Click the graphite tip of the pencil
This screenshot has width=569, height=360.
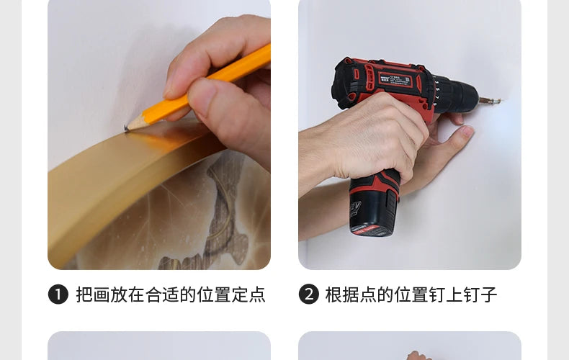point(126,127)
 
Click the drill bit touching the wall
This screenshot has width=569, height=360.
point(490,101)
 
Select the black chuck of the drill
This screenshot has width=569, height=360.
point(460,95)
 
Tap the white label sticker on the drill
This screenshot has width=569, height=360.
point(395,81)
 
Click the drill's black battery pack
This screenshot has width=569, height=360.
point(374,210)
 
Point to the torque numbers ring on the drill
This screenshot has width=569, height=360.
point(436,93)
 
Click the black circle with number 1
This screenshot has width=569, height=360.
point(58,294)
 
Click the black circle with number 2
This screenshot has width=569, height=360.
point(309,294)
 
